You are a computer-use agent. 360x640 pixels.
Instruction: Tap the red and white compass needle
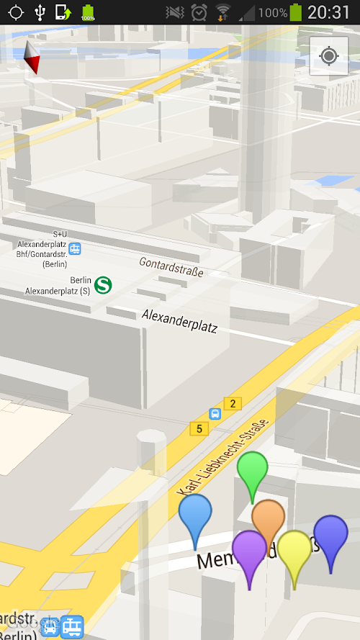tap(32, 58)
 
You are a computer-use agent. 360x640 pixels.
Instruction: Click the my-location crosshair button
tap(328, 56)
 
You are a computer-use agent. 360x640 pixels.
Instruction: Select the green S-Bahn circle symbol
tap(103, 284)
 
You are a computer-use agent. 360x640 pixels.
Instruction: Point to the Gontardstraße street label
tap(171, 266)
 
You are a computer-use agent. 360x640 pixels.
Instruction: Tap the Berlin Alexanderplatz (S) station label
tap(58, 286)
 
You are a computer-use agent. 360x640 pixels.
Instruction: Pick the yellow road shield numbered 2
tap(231, 403)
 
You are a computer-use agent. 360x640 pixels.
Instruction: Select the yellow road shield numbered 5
tap(199, 428)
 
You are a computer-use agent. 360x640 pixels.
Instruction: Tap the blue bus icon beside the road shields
tap(215, 414)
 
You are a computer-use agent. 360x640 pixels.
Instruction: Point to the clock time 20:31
tap(329, 12)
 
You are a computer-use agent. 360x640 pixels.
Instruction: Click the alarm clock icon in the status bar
tap(199, 12)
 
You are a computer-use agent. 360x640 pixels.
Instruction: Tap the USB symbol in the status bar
tap(39, 12)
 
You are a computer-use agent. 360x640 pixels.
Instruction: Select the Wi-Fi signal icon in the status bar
tap(223, 12)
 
